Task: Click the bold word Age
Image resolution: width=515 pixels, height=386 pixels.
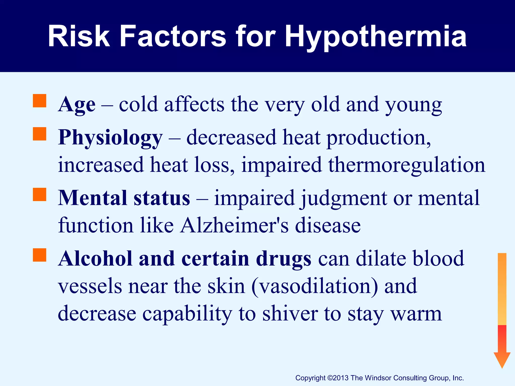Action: [x=77, y=105]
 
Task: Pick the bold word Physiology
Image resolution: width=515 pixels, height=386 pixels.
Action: [x=110, y=138]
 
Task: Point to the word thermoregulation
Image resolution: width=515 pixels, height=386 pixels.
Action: [x=407, y=165]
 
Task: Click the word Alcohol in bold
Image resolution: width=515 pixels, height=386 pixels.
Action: [x=95, y=259]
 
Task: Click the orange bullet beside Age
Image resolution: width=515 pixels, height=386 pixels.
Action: [x=39, y=101]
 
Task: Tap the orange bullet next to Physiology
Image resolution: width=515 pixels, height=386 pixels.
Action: [x=39, y=134]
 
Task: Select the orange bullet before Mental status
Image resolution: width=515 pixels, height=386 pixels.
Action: [x=39, y=195]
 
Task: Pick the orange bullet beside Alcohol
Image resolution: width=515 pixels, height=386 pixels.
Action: [x=39, y=255]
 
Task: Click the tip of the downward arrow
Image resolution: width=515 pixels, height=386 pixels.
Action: [x=502, y=367]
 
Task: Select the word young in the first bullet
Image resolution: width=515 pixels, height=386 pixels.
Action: [x=414, y=105]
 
